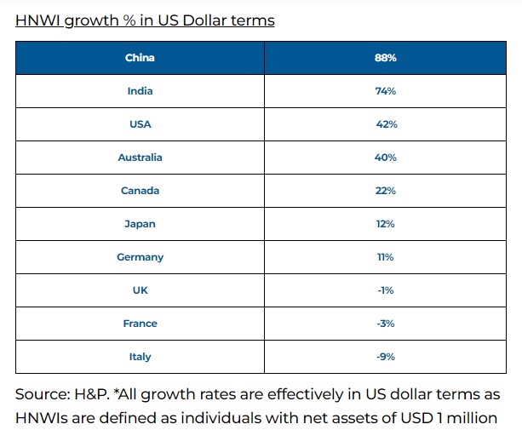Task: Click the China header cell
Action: pyautogui.click(x=140, y=58)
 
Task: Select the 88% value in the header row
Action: pyautogui.click(x=386, y=58)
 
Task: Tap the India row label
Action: pyautogui.click(x=140, y=91)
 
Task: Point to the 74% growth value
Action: pyautogui.click(x=386, y=91)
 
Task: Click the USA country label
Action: pyautogui.click(x=140, y=124)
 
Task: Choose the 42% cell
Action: pyautogui.click(x=386, y=124)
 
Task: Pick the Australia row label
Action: pyautogui.click(x=140, y=158)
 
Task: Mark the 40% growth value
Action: pyautogui.click(x=386, y=158)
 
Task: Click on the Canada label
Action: pyautogui.click(x=140, y=191)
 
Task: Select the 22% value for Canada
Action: pyautogui.click(x=386, y=191)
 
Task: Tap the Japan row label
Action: pyautogui.click(x=140, y=224)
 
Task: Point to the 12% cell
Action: pyautogui.click(x=386, y=224)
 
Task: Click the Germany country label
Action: pyautogui.click(x=140, y=257)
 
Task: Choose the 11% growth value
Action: pyautogui.click(x=386, y=257)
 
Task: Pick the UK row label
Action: pyautogui.click(x=140, y=290)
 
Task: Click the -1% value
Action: pyautogui.click(x=386, y=290)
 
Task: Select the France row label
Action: pyautogui.click(x=140, y=324)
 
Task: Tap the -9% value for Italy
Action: pyautogui.click(x=386, y=357)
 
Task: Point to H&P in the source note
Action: pyautogui.click(x=89, y=395)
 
